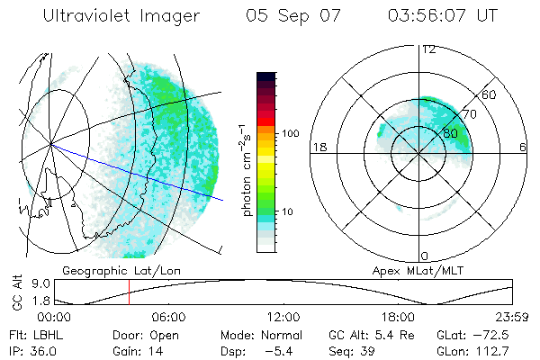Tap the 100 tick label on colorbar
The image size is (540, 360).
[x=289, y=133]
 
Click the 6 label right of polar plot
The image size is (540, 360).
[x=524, y=147]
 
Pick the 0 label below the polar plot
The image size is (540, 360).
[x=425, y=256]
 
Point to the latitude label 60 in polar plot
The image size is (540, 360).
[x=490, y=94]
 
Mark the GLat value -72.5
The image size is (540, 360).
[x=492, y=334]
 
